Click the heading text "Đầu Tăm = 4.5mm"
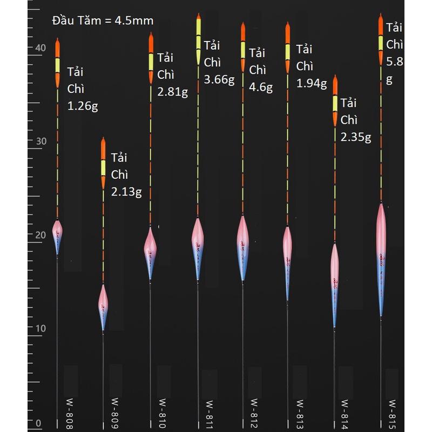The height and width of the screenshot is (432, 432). click(x=103, y=21)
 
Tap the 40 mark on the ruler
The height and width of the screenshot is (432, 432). click(x=39, y=48)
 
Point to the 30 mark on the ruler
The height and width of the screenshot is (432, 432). click(x=39, y=141)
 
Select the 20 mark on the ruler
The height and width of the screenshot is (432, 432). click(x=39, y=235)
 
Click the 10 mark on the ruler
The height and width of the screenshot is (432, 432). click(x=39, y=328)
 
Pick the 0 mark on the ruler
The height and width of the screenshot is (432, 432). click(x=38, y=423)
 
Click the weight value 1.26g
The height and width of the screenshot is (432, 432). click(x=83, y=106)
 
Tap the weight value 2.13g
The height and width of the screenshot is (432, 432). click(x=126, y=191)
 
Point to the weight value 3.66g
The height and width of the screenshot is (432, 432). click(x=219, y=80)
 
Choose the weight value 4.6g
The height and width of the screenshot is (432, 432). click(x=261, y=86)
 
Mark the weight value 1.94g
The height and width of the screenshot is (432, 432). click(x=312, y=83)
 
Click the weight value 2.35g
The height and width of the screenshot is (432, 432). click(x=356, y=137)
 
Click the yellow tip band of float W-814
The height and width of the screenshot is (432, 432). click(x=335, y=103)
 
